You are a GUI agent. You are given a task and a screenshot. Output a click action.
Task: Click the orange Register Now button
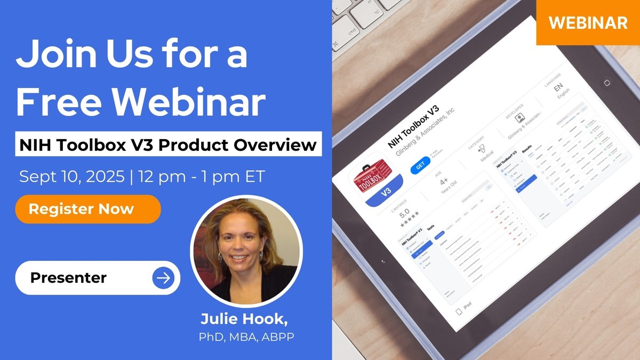(88, 209)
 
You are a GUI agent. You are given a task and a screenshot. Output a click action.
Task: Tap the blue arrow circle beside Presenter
(163, 278)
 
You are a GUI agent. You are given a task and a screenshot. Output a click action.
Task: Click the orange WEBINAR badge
(588, 22)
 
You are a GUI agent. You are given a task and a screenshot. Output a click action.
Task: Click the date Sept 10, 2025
(71, 177)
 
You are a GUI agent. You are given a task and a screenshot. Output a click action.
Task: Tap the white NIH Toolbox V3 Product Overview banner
(168, 145)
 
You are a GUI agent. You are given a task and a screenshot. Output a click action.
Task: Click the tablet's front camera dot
(606, 83)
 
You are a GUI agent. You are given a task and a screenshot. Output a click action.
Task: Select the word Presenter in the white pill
(68, 278)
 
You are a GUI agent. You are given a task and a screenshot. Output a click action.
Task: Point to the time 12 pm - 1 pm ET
(202, 177)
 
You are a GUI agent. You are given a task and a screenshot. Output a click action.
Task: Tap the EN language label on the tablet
(558, 87)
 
